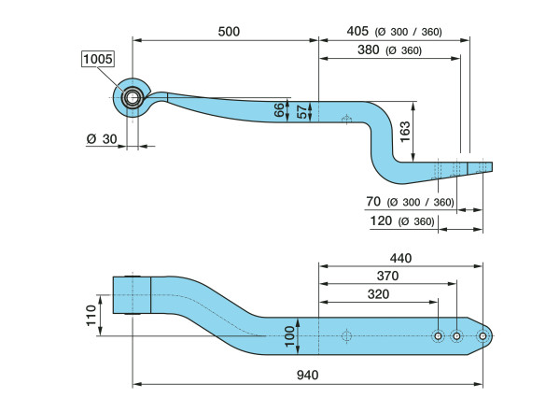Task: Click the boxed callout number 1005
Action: [x=98, y=59]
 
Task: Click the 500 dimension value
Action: [x=229, y=32]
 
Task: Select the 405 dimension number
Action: [x=357, y=31]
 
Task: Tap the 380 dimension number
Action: [x=369, y=50]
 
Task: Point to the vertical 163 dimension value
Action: [x=405, y=132]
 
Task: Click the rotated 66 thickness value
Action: [x=279, y=110]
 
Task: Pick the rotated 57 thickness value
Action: [x=301, y=111]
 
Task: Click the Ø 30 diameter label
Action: [x=102, y=139]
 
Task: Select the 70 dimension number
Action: [x=373, y=202]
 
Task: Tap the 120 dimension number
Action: [x=381, y=220]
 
